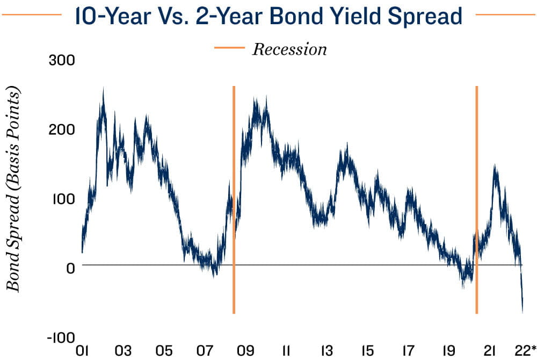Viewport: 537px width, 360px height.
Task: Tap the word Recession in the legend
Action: (289, 49)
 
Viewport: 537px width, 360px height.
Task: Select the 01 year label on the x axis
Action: (82, 351)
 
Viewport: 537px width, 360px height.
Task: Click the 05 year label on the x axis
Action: (164, 351)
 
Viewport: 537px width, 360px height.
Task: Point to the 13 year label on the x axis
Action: (326, 351)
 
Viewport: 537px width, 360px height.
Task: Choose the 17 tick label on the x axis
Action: (408, 351)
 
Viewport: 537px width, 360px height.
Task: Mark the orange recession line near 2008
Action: (234, 199)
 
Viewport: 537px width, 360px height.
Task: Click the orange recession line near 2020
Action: (477, 199)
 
